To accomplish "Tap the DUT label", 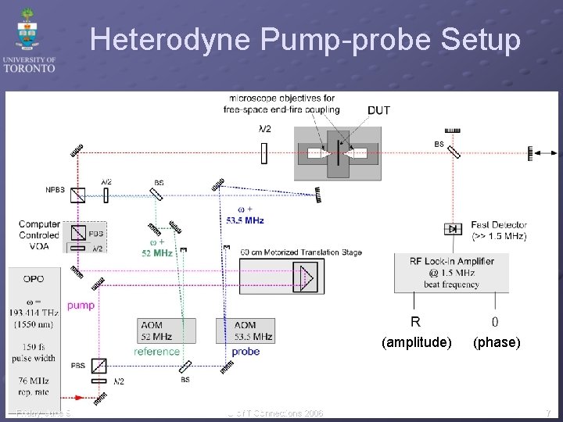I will tap(379, 110).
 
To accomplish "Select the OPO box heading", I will tap(34, 278).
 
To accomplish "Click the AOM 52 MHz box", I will tap(167, 331).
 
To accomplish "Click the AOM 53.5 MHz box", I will tap(245, 331).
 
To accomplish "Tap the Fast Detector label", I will tap(499, 230).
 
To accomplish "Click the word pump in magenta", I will tap(81, 305).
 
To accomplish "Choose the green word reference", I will tap(156, 352).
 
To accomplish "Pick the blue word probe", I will tap(246, 352).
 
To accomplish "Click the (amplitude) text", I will tap(416, 342).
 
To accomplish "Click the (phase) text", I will tap(496, 342).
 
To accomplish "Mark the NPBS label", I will tap(56, 189).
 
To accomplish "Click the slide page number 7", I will tap(548, 413).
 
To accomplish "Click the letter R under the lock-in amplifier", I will tap(415, 321).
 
